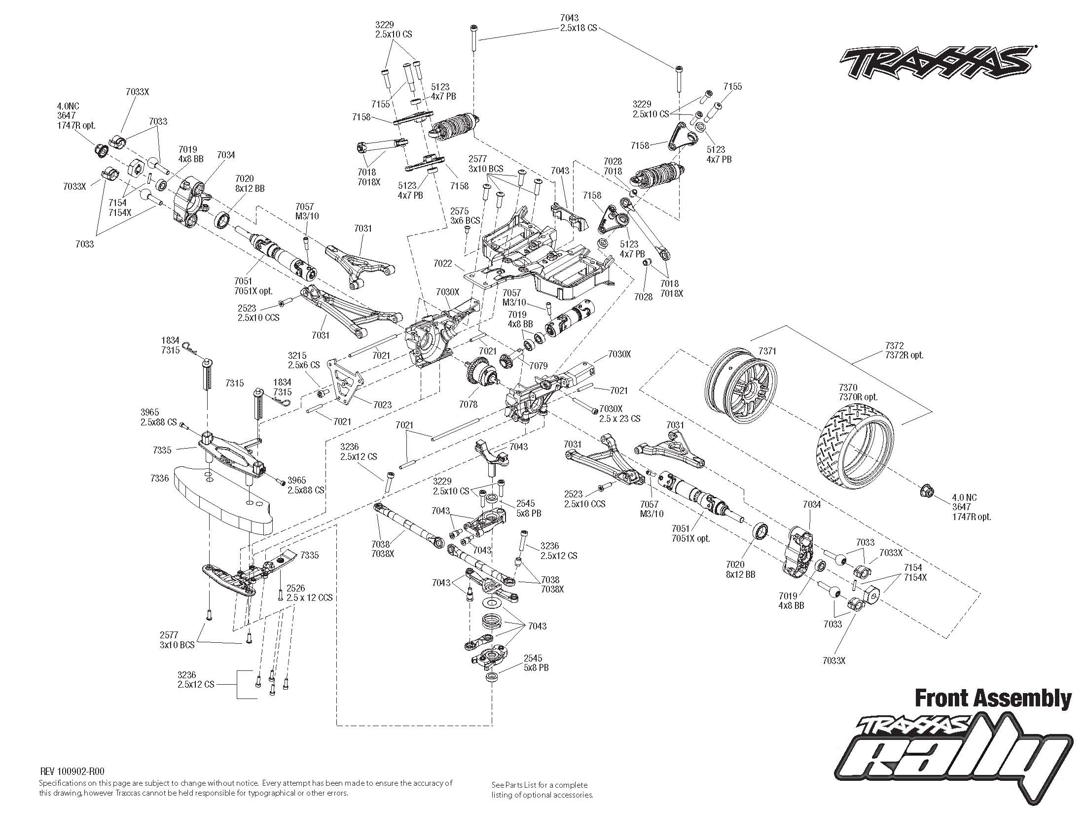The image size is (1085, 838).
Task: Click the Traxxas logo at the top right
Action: pos(934,63)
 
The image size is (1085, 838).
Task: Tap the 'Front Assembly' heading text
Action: pos(993,698)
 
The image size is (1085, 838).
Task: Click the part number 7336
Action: pos(159,478)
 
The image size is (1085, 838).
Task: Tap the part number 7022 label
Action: pos(442,263)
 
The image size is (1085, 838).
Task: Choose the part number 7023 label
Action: pos(382,405)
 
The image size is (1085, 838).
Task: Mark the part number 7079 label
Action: pos(538,366)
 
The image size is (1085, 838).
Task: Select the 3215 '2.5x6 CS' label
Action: pos(303,360)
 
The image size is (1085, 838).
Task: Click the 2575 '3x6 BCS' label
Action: pos(465,215)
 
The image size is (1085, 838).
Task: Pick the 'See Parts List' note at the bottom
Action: pos(542,789)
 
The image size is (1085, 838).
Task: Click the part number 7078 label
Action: pos(469,404)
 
